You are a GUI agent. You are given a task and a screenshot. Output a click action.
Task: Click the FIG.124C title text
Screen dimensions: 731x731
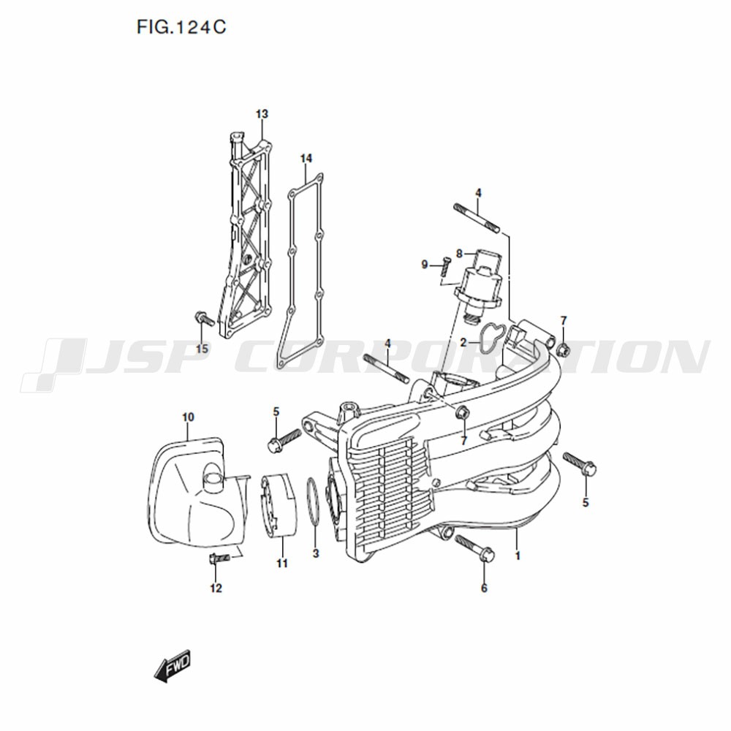[x=181, y=27]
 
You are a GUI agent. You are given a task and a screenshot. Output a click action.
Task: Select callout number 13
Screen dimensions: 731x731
[x=262, y=114]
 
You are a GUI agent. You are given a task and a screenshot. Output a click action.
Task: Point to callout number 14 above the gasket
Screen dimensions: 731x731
[x=306, y=159]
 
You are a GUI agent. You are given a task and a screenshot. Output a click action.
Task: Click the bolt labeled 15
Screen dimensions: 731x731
[x=203, y=319]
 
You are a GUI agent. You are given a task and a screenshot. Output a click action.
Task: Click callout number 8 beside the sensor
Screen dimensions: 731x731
[x=459, y=254]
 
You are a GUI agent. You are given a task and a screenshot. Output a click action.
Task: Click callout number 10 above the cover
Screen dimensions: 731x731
[x=188, y=417]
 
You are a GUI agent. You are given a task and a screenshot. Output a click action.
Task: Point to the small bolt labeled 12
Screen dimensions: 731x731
[x=220, y=558]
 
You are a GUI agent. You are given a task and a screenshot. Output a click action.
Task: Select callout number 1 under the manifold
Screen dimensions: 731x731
[x=517, y=556]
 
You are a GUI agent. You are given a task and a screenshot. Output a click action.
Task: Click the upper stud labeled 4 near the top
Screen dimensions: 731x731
[x=477, y=218]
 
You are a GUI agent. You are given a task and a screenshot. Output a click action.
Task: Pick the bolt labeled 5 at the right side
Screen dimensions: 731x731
[x=580, y=463]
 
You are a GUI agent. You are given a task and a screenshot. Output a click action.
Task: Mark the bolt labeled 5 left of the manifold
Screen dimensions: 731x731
[x=285, y=439]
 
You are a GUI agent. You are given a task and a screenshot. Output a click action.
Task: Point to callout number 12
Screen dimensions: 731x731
[x=216, y=588]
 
